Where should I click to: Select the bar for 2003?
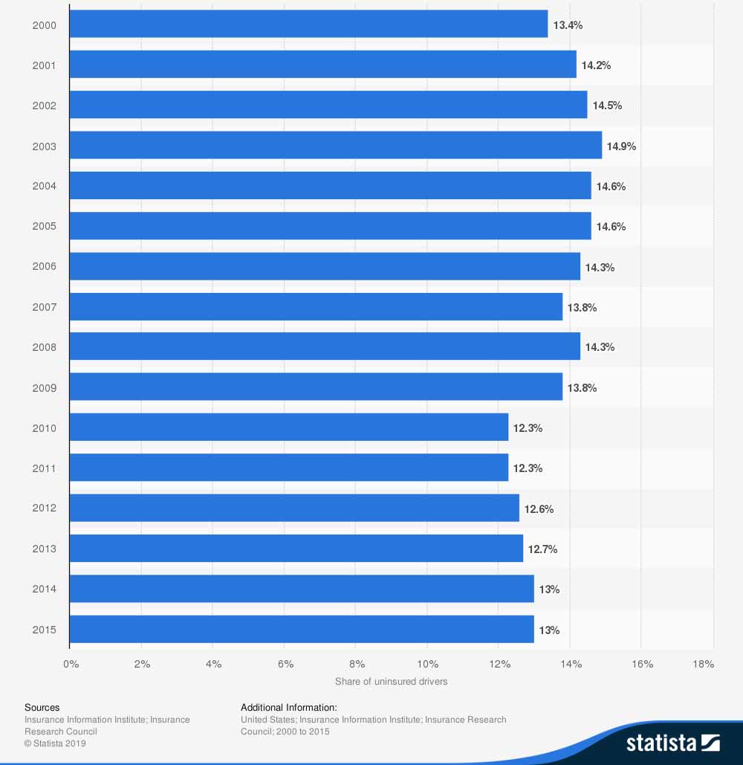click(336, 145)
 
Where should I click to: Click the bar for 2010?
click(289, 427)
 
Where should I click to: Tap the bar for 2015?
click(302, 629)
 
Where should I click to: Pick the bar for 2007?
click(316, 306)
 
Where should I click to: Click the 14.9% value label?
click(621, 146)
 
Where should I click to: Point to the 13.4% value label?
click(568, 25)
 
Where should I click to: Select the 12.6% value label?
click(539, 509)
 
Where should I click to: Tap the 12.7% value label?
click(542, 549)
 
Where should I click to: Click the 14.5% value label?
click(607, 106)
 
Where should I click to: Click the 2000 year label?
click(45, 25)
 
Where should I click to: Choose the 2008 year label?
click(45, 347)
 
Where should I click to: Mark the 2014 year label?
click(45, 590)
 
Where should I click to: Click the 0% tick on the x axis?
click(71, 664)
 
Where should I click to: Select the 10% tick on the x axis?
click(427, 664)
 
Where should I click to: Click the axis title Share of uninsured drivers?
click(392, 682)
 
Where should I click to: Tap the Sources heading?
click(42, 707)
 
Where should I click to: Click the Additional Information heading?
click(289, 707)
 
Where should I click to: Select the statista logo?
click(672, 742)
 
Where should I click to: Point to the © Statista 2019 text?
click(56, 743)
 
